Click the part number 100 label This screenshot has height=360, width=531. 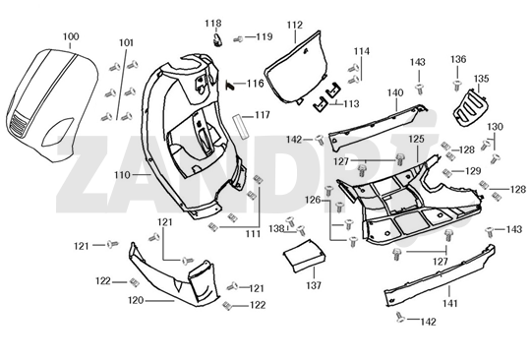tap(71, 36)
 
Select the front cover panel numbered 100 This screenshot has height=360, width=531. tap(51, 104)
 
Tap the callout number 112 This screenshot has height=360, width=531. tap(295, 25)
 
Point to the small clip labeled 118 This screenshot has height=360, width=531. tap(217, 40)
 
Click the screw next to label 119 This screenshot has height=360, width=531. tap(238, 39)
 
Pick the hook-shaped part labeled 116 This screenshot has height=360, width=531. tap(230, 85)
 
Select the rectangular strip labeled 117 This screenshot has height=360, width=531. tap(241, 126)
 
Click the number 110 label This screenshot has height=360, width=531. tap(122, 175)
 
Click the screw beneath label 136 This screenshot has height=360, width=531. tap(457, 86)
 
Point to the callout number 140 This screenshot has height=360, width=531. tap(395, 92)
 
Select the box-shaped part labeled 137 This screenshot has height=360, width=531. tap(304, 256)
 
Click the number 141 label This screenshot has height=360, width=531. tap(450, 304)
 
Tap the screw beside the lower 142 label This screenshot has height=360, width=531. tap(400, 317)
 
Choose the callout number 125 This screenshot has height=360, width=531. tap(416, 139)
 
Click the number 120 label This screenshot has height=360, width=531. tap(136, 300)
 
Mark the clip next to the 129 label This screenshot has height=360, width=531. tap(447, 173)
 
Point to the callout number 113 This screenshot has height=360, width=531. tap(351, 103)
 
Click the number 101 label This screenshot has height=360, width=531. tap(126, 42)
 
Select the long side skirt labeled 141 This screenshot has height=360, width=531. tap(440, 275)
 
